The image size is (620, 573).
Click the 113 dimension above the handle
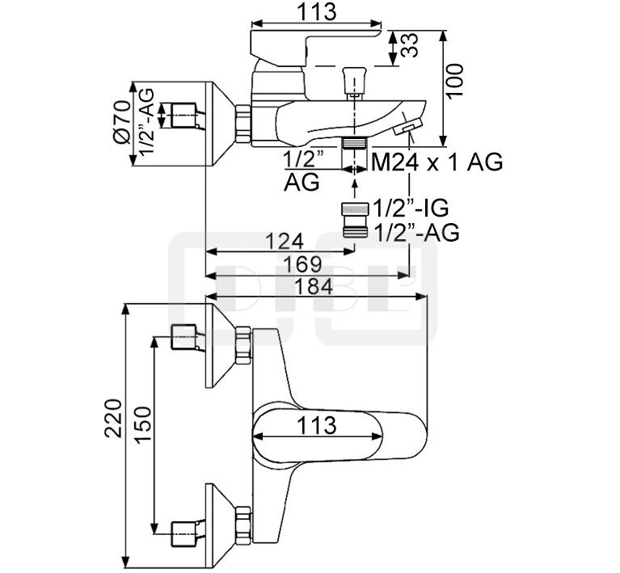click(316, 12)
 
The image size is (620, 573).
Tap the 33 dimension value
click(410, 45)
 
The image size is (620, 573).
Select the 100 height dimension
click(456, 80)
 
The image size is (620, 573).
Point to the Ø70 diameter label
click(121, 121)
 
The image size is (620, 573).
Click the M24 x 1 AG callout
click(437, 162)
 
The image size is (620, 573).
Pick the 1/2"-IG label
click(411, 208)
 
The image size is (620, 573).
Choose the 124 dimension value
click(285, 241)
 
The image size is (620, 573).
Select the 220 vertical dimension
click(113, 418)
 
